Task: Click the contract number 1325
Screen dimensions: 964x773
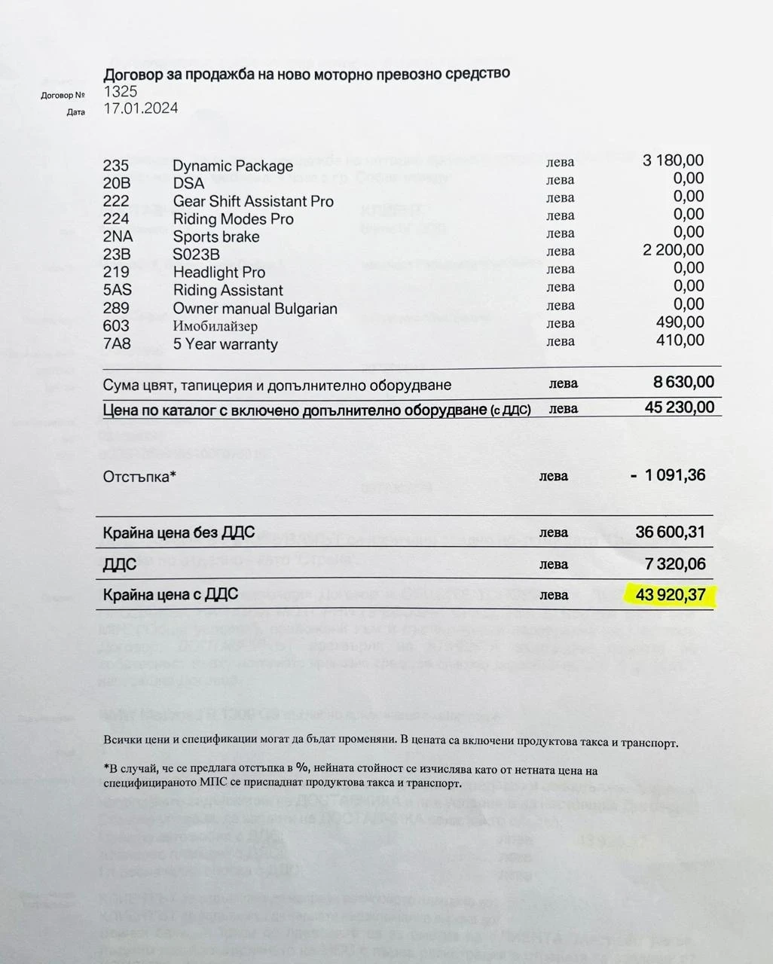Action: [x=121, y=91]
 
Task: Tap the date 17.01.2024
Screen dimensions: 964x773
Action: [x=141, y=108]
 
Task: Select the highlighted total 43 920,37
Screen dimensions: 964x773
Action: [x=671, y=595]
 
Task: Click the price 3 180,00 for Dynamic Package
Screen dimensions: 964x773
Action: [x=673, y=160]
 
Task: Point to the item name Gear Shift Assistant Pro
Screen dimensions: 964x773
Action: [x=253, y=201]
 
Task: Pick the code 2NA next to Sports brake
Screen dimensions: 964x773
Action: [x=118, y=236]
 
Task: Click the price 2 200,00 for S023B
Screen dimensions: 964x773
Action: [x=673, y=250]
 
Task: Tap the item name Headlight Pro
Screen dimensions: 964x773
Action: [x=219, y=272]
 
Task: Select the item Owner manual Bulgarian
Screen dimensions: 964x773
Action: [x=255, y=309]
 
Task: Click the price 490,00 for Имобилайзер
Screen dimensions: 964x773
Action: [x=680, y=322]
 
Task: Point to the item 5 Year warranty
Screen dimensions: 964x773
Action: [x=225, y=344]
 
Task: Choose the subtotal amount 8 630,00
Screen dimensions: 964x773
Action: [x=683, y=382]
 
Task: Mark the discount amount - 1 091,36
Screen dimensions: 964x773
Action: [x=668, y=475]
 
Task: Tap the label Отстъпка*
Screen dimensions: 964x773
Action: [x=139, y=476]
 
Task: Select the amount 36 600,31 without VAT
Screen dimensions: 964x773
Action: [x=670, y=532]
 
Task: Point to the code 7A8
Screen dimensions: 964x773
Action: [x=117, y=343]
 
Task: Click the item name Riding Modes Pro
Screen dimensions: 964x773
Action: [x=234, y=219]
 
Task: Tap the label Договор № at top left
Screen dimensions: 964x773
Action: [x=63, y=96]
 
